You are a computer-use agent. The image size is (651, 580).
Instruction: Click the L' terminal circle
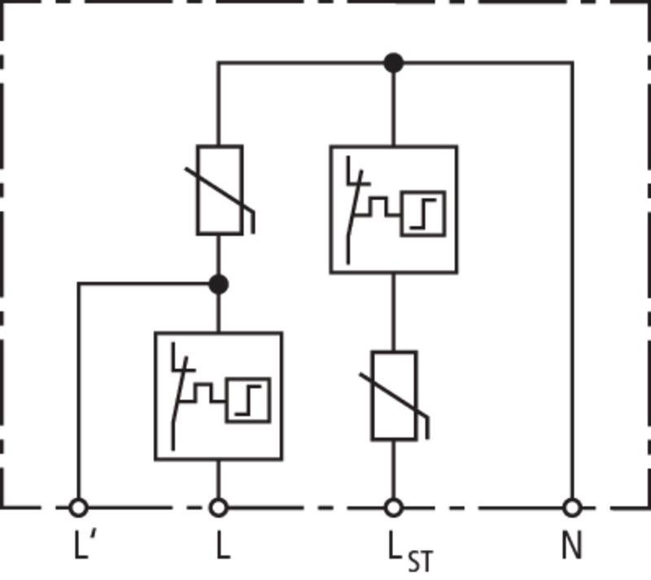[x=78, y=507]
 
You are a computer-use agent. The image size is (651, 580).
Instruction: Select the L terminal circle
[x=219, y=507]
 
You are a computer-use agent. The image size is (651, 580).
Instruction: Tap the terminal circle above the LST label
[x=394, y=507]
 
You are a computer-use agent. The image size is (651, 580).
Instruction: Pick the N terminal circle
[x=573, y=507]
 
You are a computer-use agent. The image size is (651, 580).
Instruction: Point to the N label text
[x=572, y=545]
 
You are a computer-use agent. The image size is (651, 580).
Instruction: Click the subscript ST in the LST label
[x=420, y=561]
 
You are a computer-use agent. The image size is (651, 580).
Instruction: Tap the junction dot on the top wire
[x=394, y=63]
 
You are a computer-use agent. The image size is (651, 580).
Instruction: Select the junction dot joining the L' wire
[x=219, y=284]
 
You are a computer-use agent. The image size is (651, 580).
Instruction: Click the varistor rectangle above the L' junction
[x=220, y=191]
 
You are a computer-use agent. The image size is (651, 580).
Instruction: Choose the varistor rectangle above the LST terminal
[x=394, y=396]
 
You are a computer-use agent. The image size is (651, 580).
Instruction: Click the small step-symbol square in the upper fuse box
[x=423, y=213]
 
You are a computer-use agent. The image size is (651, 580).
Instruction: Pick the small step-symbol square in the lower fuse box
[x=248, y=401]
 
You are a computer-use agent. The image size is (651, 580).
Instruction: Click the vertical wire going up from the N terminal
[x=573, y=280]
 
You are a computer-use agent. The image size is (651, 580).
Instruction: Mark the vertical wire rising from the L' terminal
[x=78, y=390]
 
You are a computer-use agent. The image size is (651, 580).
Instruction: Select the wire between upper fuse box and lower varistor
[x=394, y=312]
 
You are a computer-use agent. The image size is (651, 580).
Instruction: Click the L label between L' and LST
[x=223, y=545]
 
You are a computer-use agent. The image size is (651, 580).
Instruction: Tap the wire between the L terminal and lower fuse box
[x=219, y=480]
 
